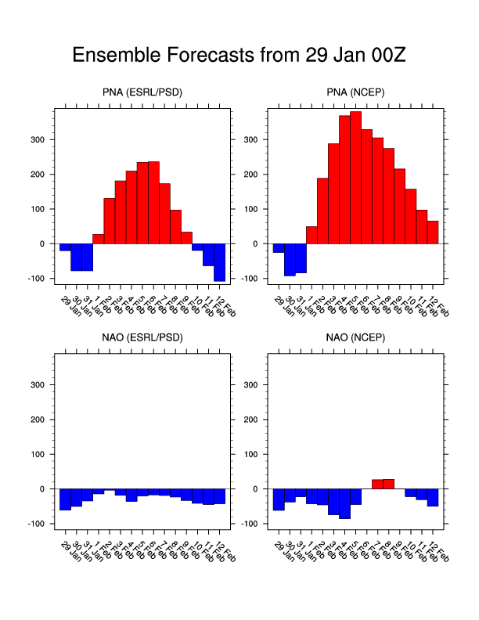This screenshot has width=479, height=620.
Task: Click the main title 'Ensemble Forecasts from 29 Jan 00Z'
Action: click(x=239, y=56)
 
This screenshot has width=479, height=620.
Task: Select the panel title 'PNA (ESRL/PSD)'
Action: click(x=142, y=93)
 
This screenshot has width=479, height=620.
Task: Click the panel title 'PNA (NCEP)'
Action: click(x=356, y=93)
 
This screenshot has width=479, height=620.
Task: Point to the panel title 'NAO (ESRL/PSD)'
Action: click(x=142, y=339)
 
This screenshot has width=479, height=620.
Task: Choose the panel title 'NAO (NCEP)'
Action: click(x=356, y=339)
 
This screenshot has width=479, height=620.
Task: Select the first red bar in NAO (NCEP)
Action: click(x=377, y=484)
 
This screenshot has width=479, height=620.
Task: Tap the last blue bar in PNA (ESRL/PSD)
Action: click(x=219, y=262)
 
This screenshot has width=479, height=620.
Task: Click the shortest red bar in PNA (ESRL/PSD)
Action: click(x=98, y=239)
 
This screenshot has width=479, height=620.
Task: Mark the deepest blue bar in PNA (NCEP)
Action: click(x=290, y=259)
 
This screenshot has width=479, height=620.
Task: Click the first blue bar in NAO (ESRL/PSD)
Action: click(x=65, y=499)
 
